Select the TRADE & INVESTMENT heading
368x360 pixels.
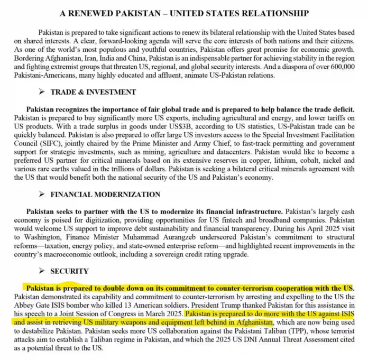pos(93,92)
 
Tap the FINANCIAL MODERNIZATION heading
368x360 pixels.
pos(105,195)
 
